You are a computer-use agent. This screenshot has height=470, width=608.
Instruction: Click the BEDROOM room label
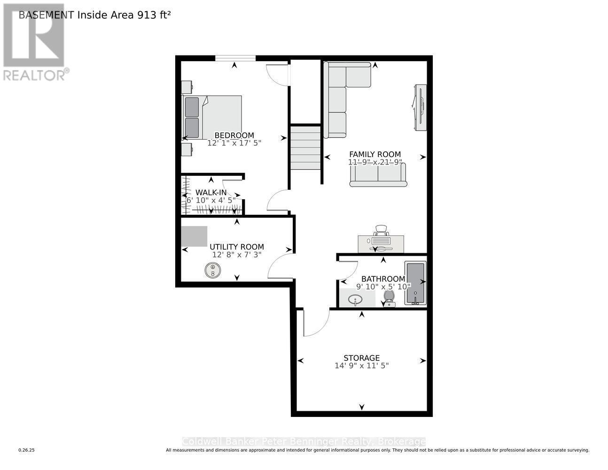pyautogui.click(x=234, y=135)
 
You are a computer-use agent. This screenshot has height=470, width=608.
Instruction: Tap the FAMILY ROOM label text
pyautogui.click(x=374, y=154)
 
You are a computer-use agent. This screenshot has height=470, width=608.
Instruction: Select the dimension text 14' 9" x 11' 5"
pyautogui.click(x=361, y=365)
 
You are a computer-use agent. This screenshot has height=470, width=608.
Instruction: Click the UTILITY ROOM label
pyautogui.click(x=236, y=247)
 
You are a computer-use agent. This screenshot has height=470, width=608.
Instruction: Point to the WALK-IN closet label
pyautogui.click(x=211, y=192)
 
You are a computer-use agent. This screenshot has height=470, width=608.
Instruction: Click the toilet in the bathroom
pyautogui.click(x=389, y=298)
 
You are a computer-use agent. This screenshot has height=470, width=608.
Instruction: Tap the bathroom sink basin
pyautogui.click(x=356, y=299)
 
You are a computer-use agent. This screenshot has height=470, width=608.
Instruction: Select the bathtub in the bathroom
pyautogui.click(x=415, y=283)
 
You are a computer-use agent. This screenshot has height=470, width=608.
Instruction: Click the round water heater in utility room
pyautogui.click(x=212, y=270)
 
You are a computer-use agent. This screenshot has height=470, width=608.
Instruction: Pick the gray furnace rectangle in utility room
pyautogui.click(x=195, y=236)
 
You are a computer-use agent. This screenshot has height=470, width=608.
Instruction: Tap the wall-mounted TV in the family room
pyautogui.click(x=420, y=107)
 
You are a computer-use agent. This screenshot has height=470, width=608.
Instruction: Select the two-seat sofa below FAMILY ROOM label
pyautogui.click(x=378, y=175)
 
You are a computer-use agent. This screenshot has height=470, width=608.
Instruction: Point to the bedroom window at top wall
pyautogui.click(x=235, y=58)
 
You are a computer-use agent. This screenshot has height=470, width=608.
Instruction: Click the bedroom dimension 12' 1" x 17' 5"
pyautogui.click(x=234, y=142)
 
